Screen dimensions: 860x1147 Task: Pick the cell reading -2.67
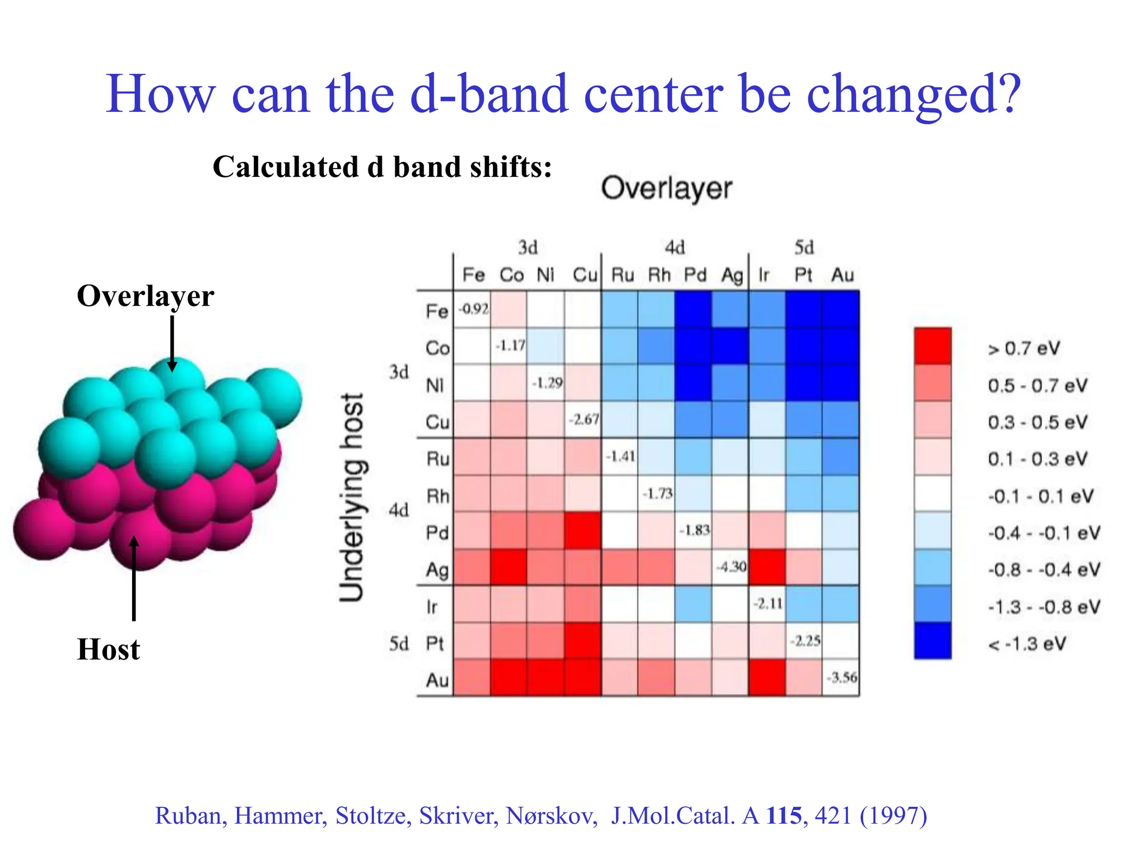582,419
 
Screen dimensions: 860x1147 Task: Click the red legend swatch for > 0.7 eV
932,346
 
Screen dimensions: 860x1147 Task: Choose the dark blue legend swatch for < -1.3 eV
932,641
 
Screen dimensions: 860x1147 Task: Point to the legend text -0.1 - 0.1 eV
1041,496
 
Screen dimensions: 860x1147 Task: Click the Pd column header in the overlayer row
694,275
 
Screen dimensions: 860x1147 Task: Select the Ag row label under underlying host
437,570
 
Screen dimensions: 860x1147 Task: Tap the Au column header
842,275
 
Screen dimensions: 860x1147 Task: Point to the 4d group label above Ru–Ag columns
674,247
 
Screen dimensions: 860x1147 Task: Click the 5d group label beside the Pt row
399,644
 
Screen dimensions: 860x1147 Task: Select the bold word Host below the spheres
108,649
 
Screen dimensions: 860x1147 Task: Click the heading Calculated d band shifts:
382,167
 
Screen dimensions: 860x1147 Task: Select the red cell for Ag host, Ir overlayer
767,567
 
